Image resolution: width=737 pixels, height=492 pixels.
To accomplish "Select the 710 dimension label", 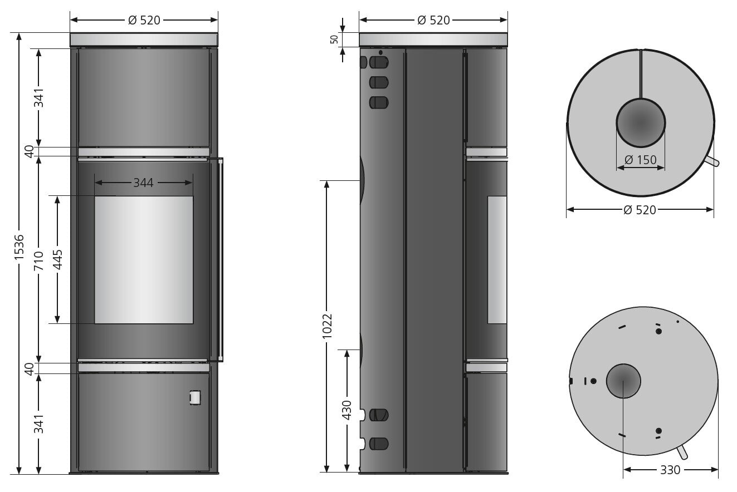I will tap(38, 260).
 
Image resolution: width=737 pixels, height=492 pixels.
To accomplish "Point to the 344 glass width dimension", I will tap(143, 183).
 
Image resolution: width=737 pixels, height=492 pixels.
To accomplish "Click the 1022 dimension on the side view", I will tap(327, 325).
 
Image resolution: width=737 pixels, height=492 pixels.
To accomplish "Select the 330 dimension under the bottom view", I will tap(670, 470).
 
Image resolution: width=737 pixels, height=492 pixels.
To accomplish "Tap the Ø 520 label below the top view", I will tap(640, 210).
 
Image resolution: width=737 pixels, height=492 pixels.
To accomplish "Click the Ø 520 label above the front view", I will tap(144, 20).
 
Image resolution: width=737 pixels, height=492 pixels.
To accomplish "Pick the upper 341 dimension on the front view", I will tap(38, 97).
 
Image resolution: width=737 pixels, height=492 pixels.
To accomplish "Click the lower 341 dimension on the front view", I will tap(38, 424).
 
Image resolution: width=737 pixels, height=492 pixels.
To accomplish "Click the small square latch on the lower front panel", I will tap(195, 397).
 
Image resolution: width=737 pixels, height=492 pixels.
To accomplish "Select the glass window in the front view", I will tap(144, 259).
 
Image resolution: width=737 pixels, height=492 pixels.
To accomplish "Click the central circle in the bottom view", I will tap(623, 381).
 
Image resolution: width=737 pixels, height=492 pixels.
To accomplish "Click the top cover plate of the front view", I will tap(144, 40).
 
